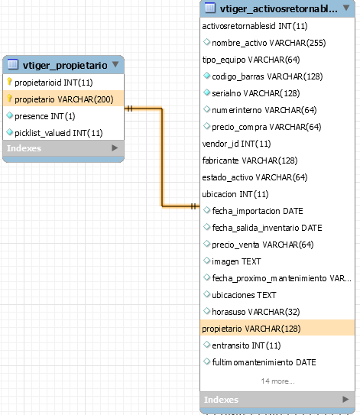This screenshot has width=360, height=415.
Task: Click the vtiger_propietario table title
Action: click(65, 65)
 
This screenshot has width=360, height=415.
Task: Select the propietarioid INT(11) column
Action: click(54, 83)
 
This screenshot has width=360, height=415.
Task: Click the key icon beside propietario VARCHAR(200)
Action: click(9, 98)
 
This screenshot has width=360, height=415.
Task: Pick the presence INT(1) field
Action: click(45, 116)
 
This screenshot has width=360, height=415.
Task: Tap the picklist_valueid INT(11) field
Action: click(59, 133)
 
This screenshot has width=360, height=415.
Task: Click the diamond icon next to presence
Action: click(9, 115)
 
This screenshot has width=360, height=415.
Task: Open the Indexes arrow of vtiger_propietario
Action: click(115, 148)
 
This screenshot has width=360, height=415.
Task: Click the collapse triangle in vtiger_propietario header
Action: click(115, 64)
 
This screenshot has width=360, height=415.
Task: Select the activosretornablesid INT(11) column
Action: click(255, 26)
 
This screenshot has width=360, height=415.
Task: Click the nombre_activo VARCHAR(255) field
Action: click(269, 43)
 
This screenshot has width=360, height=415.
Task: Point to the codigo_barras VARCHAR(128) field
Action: click(268, 76)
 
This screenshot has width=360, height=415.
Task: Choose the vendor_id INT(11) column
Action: click(236, 144)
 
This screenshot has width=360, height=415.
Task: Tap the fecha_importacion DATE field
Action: click(258, 211)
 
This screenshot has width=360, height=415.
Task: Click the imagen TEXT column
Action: click(236, 261)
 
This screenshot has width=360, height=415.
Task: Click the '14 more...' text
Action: click(277, 381)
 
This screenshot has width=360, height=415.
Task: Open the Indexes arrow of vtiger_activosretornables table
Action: click(345, 399)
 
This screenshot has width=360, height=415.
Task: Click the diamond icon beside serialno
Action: click(206, 92)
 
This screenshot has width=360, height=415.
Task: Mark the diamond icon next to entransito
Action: click(206, 345)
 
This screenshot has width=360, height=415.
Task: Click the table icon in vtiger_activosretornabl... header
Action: click(210, 8)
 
